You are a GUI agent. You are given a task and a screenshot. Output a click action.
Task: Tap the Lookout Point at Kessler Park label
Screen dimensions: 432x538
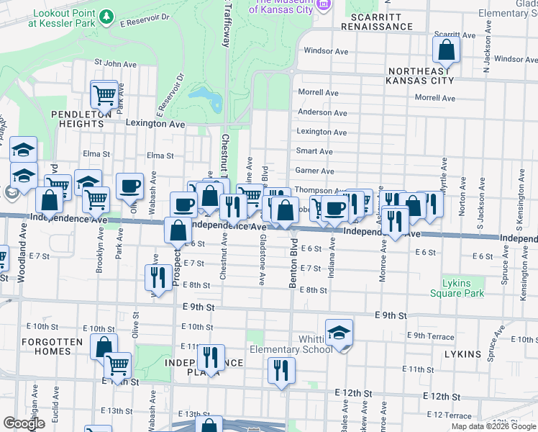[x=62, y=18]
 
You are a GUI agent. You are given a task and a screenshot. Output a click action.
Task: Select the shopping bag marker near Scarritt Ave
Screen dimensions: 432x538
[x=446, y=50]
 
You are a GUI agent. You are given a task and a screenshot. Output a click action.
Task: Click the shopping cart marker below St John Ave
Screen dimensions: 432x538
[x=104, y=94]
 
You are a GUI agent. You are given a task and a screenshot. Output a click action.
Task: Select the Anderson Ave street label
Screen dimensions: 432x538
[x=323, y=112]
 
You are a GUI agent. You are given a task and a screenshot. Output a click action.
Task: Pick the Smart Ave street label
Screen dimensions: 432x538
[x=314, y=152]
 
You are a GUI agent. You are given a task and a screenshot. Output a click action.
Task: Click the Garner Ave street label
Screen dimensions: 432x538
[x=315, y=171]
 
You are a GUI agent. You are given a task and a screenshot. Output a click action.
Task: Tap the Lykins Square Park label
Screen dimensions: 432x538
[x=457, y=287]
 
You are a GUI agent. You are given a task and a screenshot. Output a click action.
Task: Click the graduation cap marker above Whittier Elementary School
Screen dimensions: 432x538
[x=339, y=333]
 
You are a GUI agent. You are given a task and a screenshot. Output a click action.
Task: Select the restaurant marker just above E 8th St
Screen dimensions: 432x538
[x=156, y=277]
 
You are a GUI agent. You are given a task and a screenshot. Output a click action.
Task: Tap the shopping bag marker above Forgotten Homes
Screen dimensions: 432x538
[x=104, y=346]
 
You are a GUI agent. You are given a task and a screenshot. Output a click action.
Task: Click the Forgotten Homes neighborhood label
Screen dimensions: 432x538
[x=47, y=346]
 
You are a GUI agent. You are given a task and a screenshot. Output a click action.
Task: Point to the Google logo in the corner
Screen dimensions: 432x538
[x=24, y=423]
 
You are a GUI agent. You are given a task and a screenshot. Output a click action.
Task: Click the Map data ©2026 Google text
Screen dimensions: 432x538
[x=493, y=426]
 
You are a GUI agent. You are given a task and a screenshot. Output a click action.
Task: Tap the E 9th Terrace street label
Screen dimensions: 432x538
[x=430, y=336]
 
